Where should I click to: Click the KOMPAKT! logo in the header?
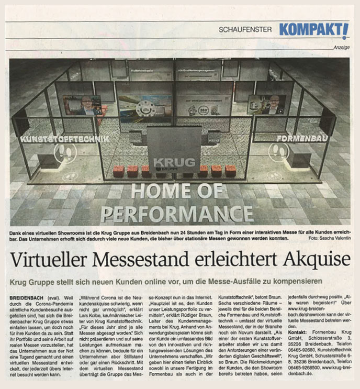pos(313,30)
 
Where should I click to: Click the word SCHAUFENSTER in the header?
pos(245,30)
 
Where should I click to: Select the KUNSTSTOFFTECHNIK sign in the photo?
pos(65,139)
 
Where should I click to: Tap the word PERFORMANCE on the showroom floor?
pos(177,213)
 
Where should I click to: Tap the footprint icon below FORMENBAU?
pos(278,152)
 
